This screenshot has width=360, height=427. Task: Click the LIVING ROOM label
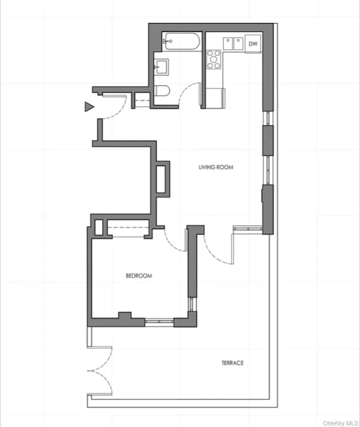216,167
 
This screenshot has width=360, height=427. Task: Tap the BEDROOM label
139,276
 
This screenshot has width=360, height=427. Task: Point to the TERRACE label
233,363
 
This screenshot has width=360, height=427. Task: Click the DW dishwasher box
253,44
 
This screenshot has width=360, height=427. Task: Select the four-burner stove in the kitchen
214,59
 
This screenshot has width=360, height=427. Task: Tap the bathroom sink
161,66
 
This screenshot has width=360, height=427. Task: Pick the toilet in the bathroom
161,90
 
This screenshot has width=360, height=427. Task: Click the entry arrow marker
89,107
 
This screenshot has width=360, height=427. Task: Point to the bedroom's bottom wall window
159,323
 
